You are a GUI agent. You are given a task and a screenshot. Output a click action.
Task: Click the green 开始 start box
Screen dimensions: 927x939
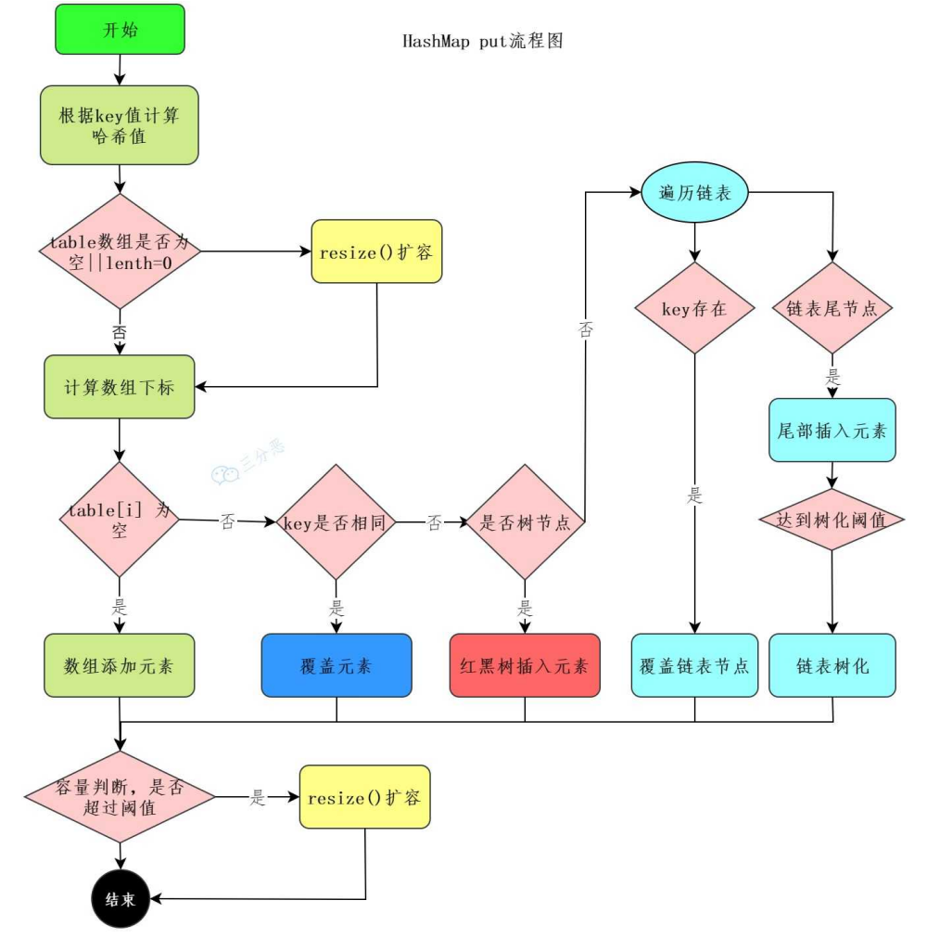click(x=120, y=30)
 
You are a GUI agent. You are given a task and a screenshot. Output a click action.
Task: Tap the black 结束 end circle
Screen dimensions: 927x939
click(x=121, y=898)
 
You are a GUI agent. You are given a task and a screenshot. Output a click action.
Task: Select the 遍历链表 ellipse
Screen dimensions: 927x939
click(x=694, y=192)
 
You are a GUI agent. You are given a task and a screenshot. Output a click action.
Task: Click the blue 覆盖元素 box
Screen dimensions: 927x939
click(x=337, y=665)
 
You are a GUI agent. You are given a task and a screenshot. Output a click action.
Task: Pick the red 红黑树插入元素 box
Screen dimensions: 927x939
click(x=525, y=665)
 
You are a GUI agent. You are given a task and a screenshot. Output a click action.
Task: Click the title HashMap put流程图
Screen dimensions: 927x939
click(x=482, y=41)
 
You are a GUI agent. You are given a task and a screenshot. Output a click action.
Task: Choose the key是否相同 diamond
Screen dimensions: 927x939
click(x=336, y=521)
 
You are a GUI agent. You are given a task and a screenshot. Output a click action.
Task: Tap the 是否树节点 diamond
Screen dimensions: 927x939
click(x=525, y=521)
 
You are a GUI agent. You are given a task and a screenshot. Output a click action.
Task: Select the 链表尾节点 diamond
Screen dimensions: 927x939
click(x=832, y=308)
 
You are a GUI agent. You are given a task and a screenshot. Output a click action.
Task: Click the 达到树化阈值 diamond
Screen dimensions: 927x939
click(x=832, y=520)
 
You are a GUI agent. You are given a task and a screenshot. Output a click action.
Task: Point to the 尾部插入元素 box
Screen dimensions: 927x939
click(x=832, y=430)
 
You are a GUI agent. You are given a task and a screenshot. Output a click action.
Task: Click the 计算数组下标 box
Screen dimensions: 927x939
click(x=119, y=387)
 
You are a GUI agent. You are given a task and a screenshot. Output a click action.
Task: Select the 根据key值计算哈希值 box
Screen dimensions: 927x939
click(x=119, y=124)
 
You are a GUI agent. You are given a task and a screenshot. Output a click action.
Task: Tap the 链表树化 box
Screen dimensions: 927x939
click(x=832, y=665)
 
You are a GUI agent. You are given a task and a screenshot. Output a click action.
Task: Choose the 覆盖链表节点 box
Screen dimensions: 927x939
click(x=694, y=665)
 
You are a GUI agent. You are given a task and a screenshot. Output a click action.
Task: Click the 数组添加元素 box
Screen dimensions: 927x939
click(x=119, y=665)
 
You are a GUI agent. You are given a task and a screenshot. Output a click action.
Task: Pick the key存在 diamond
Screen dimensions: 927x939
click(x=694, y=308)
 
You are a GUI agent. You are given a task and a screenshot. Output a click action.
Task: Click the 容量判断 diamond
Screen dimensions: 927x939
click(x=120, y=796)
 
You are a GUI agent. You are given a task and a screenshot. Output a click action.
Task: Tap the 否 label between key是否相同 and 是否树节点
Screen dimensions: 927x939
click(x=435, y=522)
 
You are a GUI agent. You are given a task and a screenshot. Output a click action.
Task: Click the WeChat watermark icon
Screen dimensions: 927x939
click(x=225, y=475)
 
